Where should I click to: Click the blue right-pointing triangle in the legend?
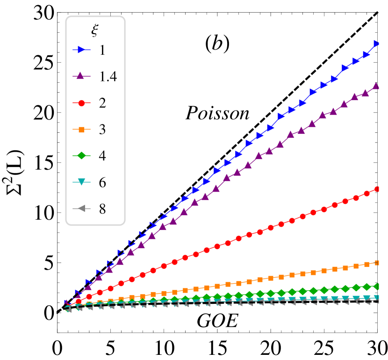[81, 50]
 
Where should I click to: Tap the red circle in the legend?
[81, 103]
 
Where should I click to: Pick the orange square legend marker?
[81, 130]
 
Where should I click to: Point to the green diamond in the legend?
[81, 155]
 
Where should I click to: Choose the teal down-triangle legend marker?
[81, 182]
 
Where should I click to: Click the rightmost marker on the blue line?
[377, 43]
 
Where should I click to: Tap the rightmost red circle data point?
[377, 189]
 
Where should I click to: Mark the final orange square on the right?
[377, 263]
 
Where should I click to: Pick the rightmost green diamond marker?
[377, 286]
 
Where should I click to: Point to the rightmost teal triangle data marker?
[377, 297]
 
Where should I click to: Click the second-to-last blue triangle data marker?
[366, 54]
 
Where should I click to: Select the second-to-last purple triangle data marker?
[365, 93]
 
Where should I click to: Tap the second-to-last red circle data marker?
[366, 194]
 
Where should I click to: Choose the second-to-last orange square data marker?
[366, 264]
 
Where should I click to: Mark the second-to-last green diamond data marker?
[366, 287]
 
